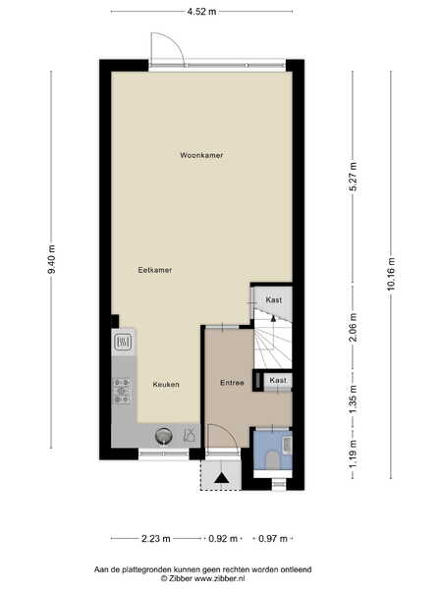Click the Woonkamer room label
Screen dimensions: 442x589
pyautogui.click(x=201, y=155)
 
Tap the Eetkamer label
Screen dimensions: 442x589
pyautogui.click(x=155, y=270)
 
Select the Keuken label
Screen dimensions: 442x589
pyautogui.click(x=166, y=385)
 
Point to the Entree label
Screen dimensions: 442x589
pyautogui.click(x=232, y=383)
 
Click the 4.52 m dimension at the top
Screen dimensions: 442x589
pyautogui.click(x=201, y=12)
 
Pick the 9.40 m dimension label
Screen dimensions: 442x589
pyautogui.click(x=51, y=259)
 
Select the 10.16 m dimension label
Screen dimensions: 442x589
pyautogui.click(x=391, y=274)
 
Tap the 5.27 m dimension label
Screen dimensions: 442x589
pyautogui.click(x=353, y=177)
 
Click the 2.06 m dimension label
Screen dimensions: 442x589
pyautogui.click(x=353, y=328)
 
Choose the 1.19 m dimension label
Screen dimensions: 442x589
pyautogui.click(x=353, y=454)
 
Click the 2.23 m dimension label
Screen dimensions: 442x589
pyautogui.click(x=156, y=539)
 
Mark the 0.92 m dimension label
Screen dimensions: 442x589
pyautogui.click(x=223, y=539)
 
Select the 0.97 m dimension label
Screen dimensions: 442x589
pyautogui.click(x=273, y=539)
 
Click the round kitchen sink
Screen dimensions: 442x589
pyautogui.click(x=164, y=436)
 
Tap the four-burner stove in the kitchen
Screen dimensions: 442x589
pyautogui.click(x=122, y=391)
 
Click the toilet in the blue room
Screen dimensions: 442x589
pyautogui.click(x=272, y=459)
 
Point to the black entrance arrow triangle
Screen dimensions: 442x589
pyautogui.click(x=222, y=478)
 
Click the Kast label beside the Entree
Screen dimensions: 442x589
pyautogui.click(x=278, y=380)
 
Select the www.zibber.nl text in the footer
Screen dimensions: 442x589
pyautogui.click(x=218, y=578)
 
